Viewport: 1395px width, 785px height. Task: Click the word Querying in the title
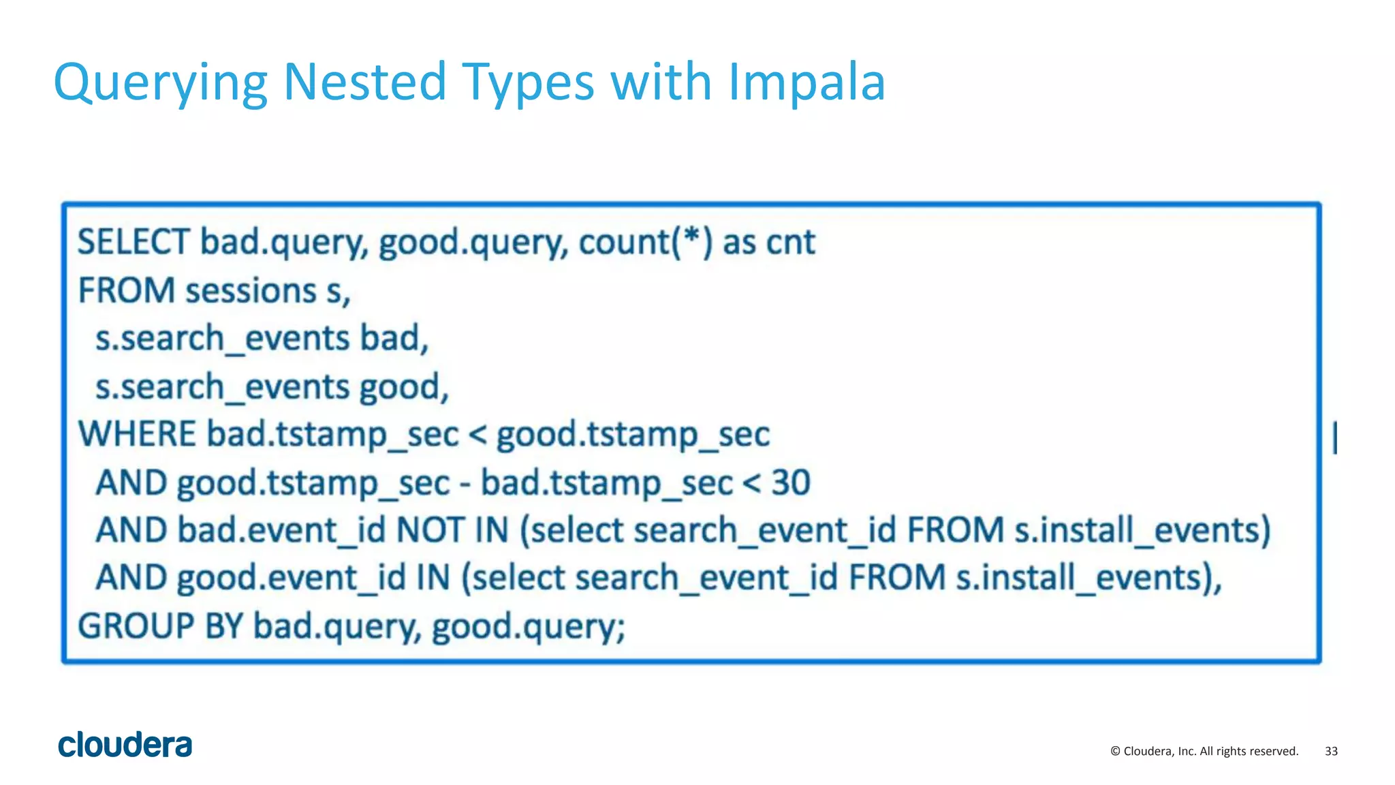click(161, 83)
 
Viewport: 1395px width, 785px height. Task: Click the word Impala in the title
click(806, 83)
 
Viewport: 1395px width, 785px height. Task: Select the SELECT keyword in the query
click(133, 243)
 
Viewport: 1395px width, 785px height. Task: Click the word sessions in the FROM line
click(251, 292)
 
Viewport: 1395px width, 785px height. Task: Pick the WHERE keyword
click(137, 435)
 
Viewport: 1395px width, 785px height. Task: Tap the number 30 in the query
click(790, 483)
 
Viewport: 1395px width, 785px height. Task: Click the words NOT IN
click(452, 530)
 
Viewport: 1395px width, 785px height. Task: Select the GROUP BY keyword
click(160, 626)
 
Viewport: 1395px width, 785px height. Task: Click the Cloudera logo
click(125, 745)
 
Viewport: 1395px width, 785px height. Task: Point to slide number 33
click(1331, 751)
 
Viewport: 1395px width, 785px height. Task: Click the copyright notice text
click(1204, 751)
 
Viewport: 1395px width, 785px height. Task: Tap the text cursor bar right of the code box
click(1335, 437)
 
